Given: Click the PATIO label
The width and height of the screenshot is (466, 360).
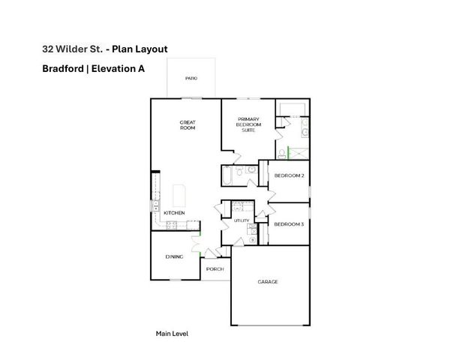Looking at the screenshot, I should coord(191,78).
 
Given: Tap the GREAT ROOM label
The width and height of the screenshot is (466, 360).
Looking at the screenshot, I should coord(188,125).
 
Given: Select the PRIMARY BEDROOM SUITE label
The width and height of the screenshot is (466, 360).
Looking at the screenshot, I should coord(248,124).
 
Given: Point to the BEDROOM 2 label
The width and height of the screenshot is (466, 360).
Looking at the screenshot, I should coord(289,175).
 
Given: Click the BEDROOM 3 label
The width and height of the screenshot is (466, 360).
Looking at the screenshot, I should coord(289,224).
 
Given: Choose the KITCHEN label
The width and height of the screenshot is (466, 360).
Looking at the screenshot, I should coord(174,213).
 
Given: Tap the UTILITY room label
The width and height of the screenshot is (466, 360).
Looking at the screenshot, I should coord(241,220).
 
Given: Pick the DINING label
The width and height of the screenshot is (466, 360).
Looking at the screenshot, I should coord(174,257).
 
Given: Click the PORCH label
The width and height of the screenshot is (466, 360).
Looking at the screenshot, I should coord(215,268).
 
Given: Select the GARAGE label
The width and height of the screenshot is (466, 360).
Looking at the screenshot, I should coord(268,282).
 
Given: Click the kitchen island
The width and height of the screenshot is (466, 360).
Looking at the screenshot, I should coord(180,196).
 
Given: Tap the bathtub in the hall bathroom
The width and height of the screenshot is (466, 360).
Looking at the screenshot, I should coord(227,175).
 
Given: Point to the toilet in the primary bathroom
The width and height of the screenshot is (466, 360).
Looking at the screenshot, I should coord(281,152).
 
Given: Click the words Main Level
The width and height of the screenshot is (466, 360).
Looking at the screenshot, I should coord(172,333).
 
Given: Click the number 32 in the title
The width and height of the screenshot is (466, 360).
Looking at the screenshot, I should coord(48,49).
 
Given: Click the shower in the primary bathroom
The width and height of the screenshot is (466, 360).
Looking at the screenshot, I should coord(299,150).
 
